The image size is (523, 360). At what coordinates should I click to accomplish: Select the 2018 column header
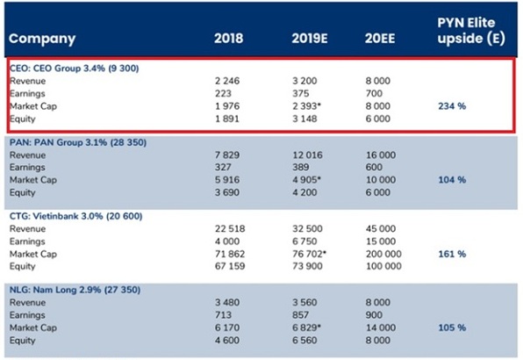tap(229, 39)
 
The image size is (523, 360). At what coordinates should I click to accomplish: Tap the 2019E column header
tap(311, 39)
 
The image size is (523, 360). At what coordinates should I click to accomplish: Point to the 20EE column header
tap(381, 39)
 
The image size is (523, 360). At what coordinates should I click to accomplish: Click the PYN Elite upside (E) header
tap(469, 30)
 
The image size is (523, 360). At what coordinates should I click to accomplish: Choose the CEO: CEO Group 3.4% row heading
tap(73, 68)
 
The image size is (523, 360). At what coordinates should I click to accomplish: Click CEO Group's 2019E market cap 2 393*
tap(310, 105)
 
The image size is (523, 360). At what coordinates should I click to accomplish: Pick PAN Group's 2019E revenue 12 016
tap(308, 155)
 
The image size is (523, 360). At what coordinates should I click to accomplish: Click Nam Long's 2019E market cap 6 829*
tap(310, 328)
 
